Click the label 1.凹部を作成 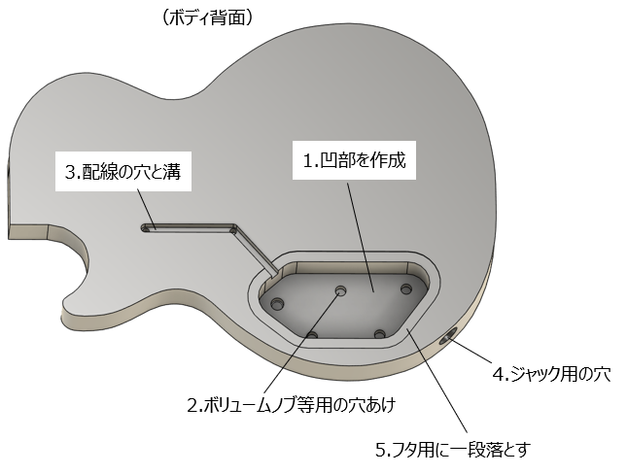(x=354, y=161)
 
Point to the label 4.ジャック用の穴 (x=549, y=373)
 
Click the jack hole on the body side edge (x=449, y=338)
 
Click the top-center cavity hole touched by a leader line (x=341, y=290)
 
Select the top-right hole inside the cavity (x=408, y=288)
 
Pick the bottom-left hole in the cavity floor (x=312, y=335)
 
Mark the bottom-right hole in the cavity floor (x=380, y=334)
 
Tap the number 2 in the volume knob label (x=192, y=403)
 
